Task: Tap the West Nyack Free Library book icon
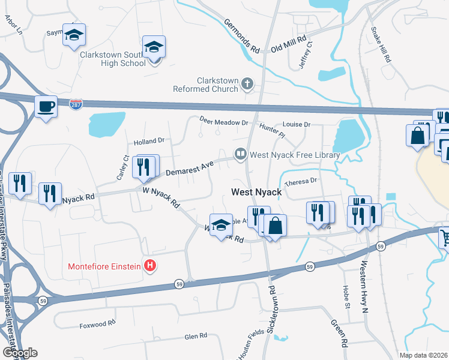point(241,155)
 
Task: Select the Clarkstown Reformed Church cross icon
point(247,85)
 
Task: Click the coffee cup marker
point(46,107)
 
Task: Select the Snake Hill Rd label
point(381,45)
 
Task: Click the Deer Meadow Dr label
point(224,122)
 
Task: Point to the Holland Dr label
point(149,141)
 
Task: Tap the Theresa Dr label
point(301,181)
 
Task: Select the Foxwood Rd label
point(97,325)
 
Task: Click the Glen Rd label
point(196,336)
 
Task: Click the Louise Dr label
point(297,125)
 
